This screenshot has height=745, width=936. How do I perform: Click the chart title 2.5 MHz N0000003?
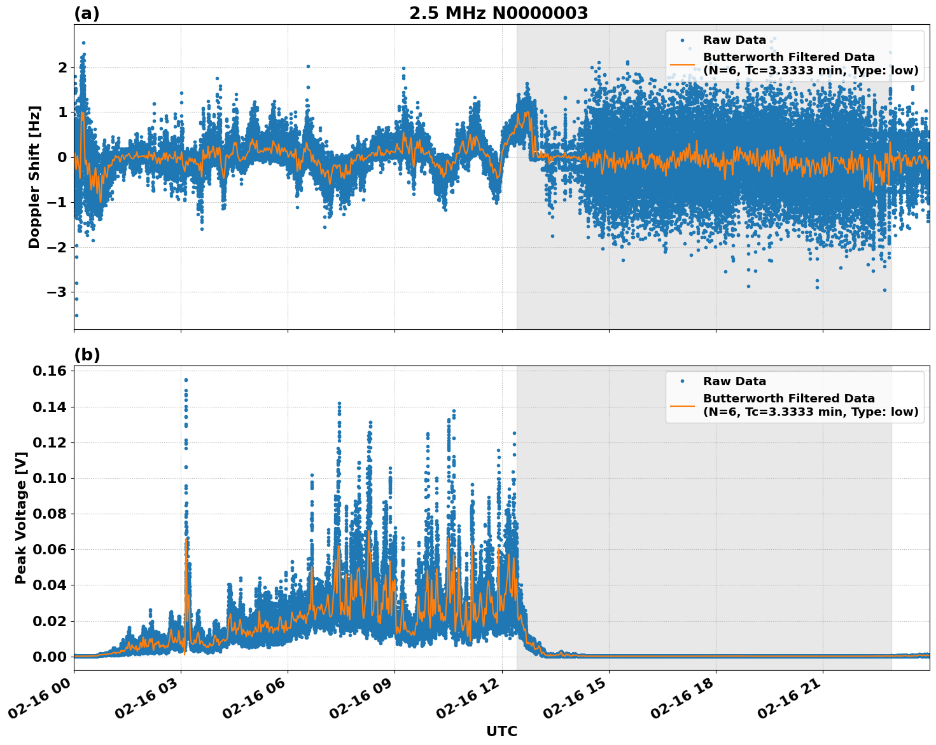coord(498,13)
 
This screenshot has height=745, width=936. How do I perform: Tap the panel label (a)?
coord(87,13)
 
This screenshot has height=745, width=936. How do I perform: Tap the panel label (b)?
coord(87,355)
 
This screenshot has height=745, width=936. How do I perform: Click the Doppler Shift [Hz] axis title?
coord(34,177)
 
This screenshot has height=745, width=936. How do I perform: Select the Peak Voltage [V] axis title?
coord(21,518)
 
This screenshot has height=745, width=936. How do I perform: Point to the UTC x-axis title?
coord(501,731)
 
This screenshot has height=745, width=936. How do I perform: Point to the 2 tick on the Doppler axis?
coord(62,67)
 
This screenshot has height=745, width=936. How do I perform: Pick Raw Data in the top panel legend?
coord(734,40)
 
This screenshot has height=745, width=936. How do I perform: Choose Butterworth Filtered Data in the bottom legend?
coord(789,399)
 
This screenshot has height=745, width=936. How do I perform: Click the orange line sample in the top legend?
coord(682,64)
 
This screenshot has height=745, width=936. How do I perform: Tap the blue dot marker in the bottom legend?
coord(682,381)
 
